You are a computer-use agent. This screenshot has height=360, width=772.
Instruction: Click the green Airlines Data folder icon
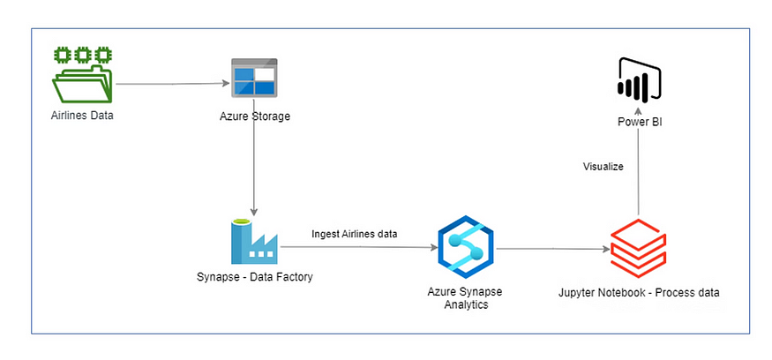point(83,78)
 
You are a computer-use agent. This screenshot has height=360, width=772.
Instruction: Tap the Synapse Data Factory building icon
point(254,240)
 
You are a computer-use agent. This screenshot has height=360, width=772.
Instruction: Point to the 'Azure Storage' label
point(254,116)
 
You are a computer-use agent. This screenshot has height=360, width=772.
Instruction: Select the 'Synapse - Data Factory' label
point(254,278)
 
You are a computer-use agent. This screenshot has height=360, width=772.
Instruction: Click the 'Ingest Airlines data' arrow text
point(354,234)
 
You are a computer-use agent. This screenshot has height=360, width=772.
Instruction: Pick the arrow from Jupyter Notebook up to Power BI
point(639,176)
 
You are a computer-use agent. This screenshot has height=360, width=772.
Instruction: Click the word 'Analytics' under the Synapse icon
point(465,304)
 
